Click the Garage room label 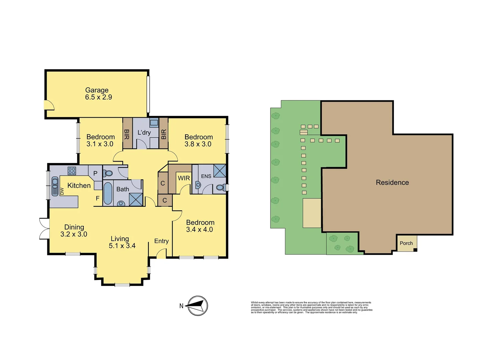click(x=97, y=90)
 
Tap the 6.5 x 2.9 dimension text click(x=98, y=97)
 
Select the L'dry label click(x=144, y=133)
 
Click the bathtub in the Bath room click(x=108, y=193)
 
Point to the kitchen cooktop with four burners click(x=72, y=171)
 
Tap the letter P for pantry click(x=95, y=173)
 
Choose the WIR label click(x=184, y=178)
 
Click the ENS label click(x=206, y=176)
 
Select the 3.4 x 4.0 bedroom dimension click(x=199, y=230)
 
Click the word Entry click(x=161, y=241)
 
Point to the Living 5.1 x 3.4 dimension click(x=122, y=246)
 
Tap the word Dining click(x=74, y=227)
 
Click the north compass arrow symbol click(x=197, y=305)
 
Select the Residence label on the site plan click(x=392, y=182)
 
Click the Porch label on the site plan click(x=406, y=243)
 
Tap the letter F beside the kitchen click(x=98, y=198)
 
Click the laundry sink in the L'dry click(x=154, y=123)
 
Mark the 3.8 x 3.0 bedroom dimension click(x=198, y=144)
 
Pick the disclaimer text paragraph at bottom click(x=312, y=307)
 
